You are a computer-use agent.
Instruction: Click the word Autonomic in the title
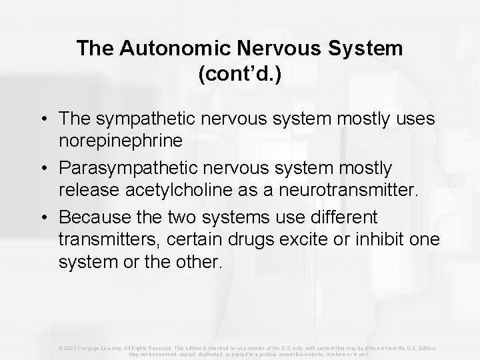157,49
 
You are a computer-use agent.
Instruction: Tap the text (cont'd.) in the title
240,73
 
